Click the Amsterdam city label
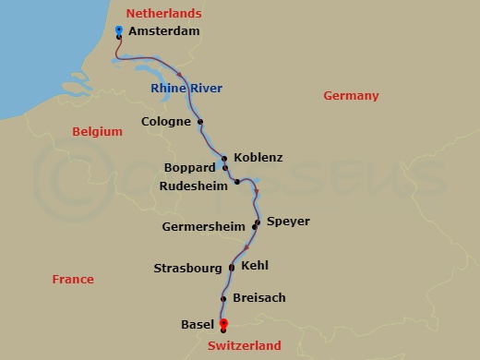tap(164, 31)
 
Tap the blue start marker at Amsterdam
tap(119, 30)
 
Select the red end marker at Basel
tap(222, 323)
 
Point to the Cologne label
tap(166, 121)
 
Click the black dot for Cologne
tap(200, 121)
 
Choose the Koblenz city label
tap(258, 157)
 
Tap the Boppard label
tap(188, 168)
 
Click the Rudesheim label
tap(193, 185)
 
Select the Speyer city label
tap(288, 222)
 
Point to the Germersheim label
tap(209, 226)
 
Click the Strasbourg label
tap(188, 269)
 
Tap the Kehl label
tap(254, 265)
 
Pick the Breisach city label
tap(259, 298)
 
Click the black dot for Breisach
tap(224, 298)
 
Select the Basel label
tap(198, 324)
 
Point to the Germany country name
tap(351, 96)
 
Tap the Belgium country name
tap(97, 132)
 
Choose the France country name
tap(73, 279)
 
